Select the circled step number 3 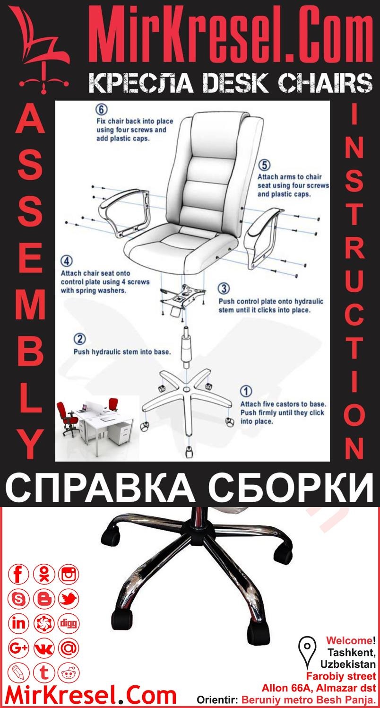point(224,288)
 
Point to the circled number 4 point(67,261)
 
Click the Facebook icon point(19,575)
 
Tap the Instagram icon point(69,575)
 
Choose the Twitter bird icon point(69,600)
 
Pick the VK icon point(44,648)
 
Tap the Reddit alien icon point(69,673)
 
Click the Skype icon point(19,600)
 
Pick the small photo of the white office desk point(95,421)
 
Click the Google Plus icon point(19,648)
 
